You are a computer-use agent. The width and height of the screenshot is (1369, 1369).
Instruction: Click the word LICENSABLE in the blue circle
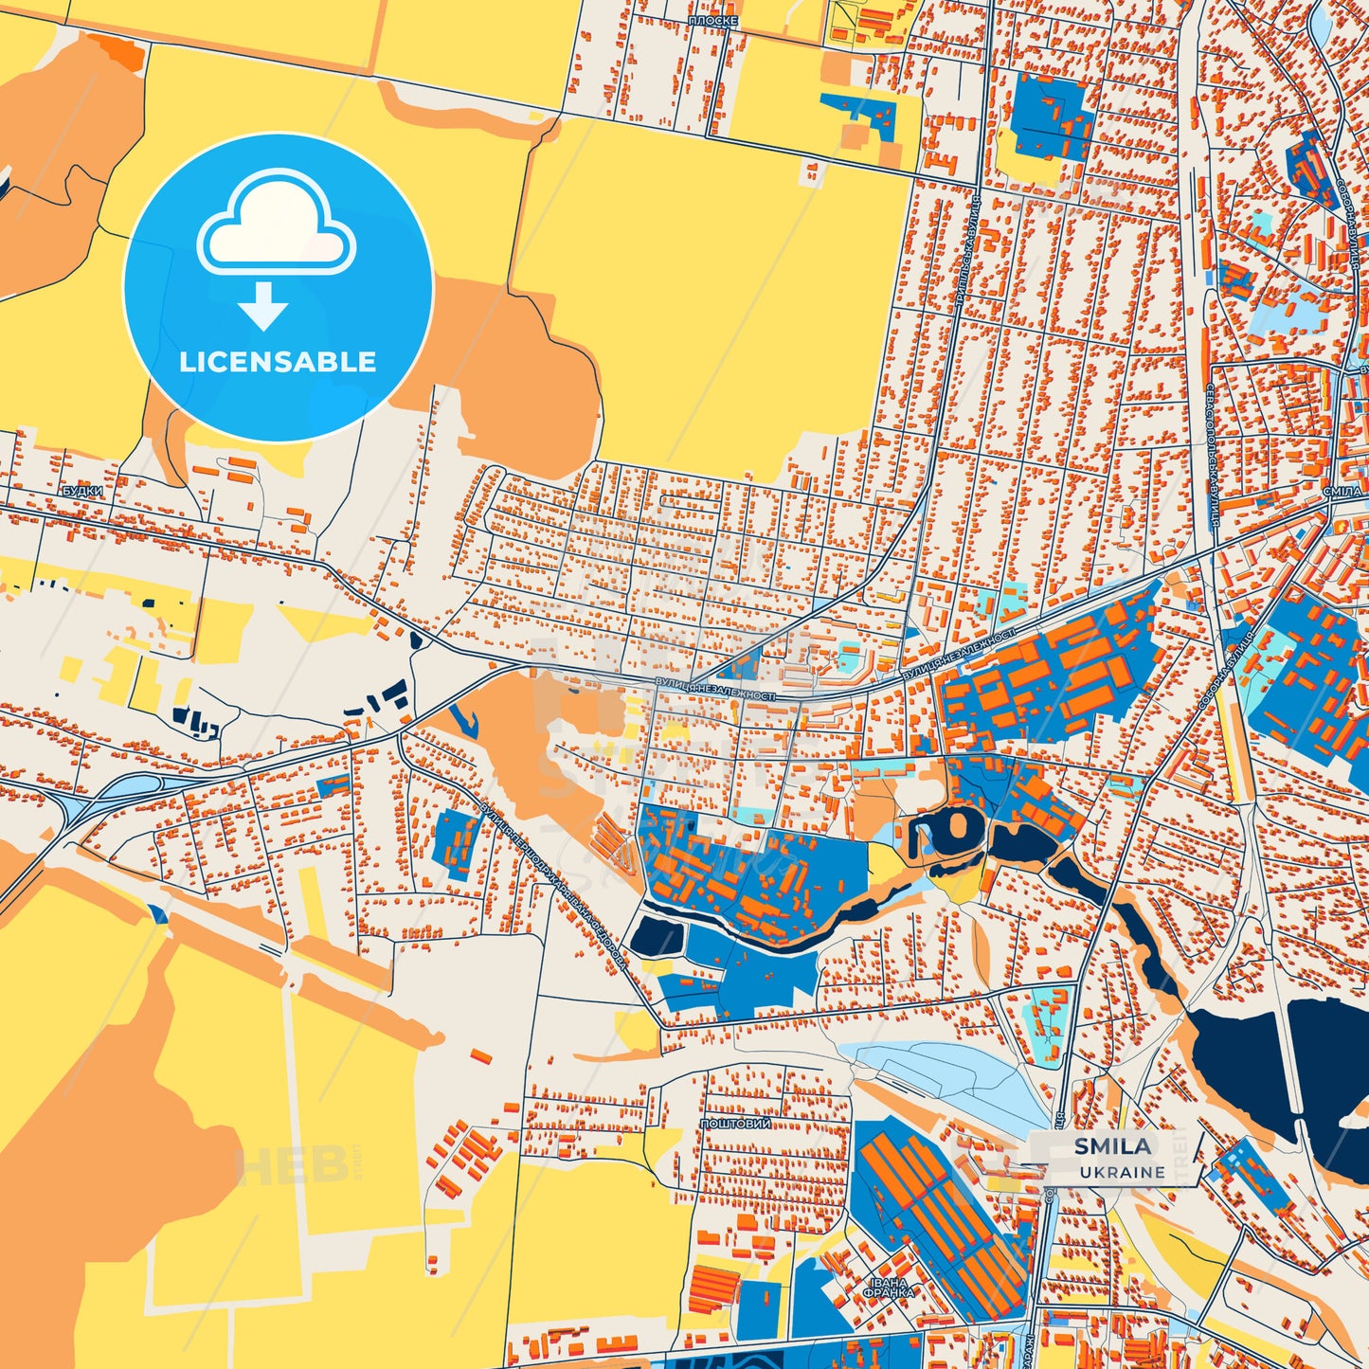[x=278, y=362]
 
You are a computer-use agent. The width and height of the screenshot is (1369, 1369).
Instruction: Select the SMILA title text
[x=1112, y=1146]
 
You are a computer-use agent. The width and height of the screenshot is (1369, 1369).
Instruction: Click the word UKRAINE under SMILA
[x=1121, y=1172]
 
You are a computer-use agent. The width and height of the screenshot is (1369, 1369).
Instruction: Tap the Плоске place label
[x=712, y=21]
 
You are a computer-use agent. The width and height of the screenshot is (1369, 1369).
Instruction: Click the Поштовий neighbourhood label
[x=735, y=1124]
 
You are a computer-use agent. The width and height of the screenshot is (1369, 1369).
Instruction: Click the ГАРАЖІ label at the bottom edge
[x=1030, y=1350]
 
